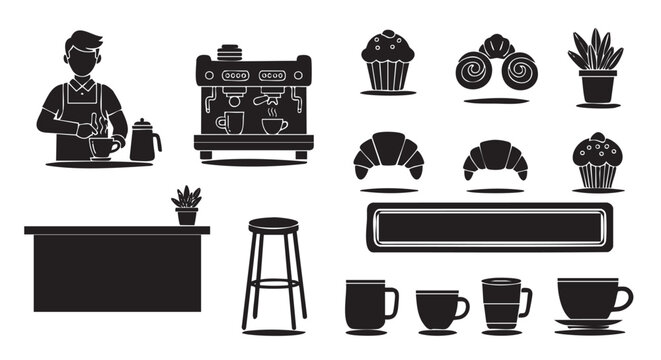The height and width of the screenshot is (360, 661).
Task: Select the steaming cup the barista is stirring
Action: click(102, 148)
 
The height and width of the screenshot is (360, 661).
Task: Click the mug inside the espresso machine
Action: click(230, 123)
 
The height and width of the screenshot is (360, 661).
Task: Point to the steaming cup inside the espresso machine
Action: click(273, 125)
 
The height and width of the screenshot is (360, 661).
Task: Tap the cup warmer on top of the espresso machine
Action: click(230, 51)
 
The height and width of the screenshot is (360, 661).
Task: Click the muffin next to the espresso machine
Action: click(388, 61)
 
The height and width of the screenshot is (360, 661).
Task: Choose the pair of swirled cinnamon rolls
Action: click(496, 67)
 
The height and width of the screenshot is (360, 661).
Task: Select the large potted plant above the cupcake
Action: click(596, 67)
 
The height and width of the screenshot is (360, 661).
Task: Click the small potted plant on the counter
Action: click(186, 207)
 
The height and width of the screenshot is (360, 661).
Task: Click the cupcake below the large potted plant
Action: click(597, 163)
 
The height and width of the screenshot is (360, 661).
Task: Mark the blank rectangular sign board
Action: click(488, 227)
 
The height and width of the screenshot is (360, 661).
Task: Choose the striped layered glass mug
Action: click(502, 302)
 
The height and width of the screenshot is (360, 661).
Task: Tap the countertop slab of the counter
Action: click(117, 230)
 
